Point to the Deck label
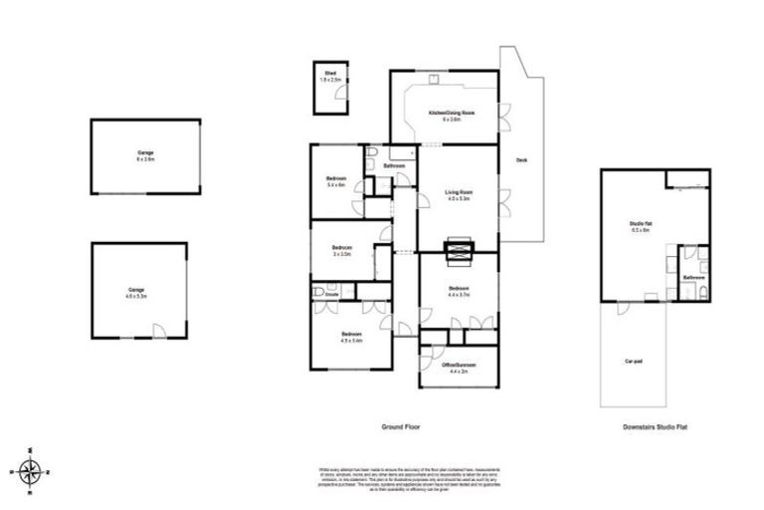[520, 160]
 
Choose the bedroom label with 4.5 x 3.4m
[351, 336]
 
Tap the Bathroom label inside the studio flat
[693, 277]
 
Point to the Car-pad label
[632, 362]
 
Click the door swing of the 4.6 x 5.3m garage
[155, 332]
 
